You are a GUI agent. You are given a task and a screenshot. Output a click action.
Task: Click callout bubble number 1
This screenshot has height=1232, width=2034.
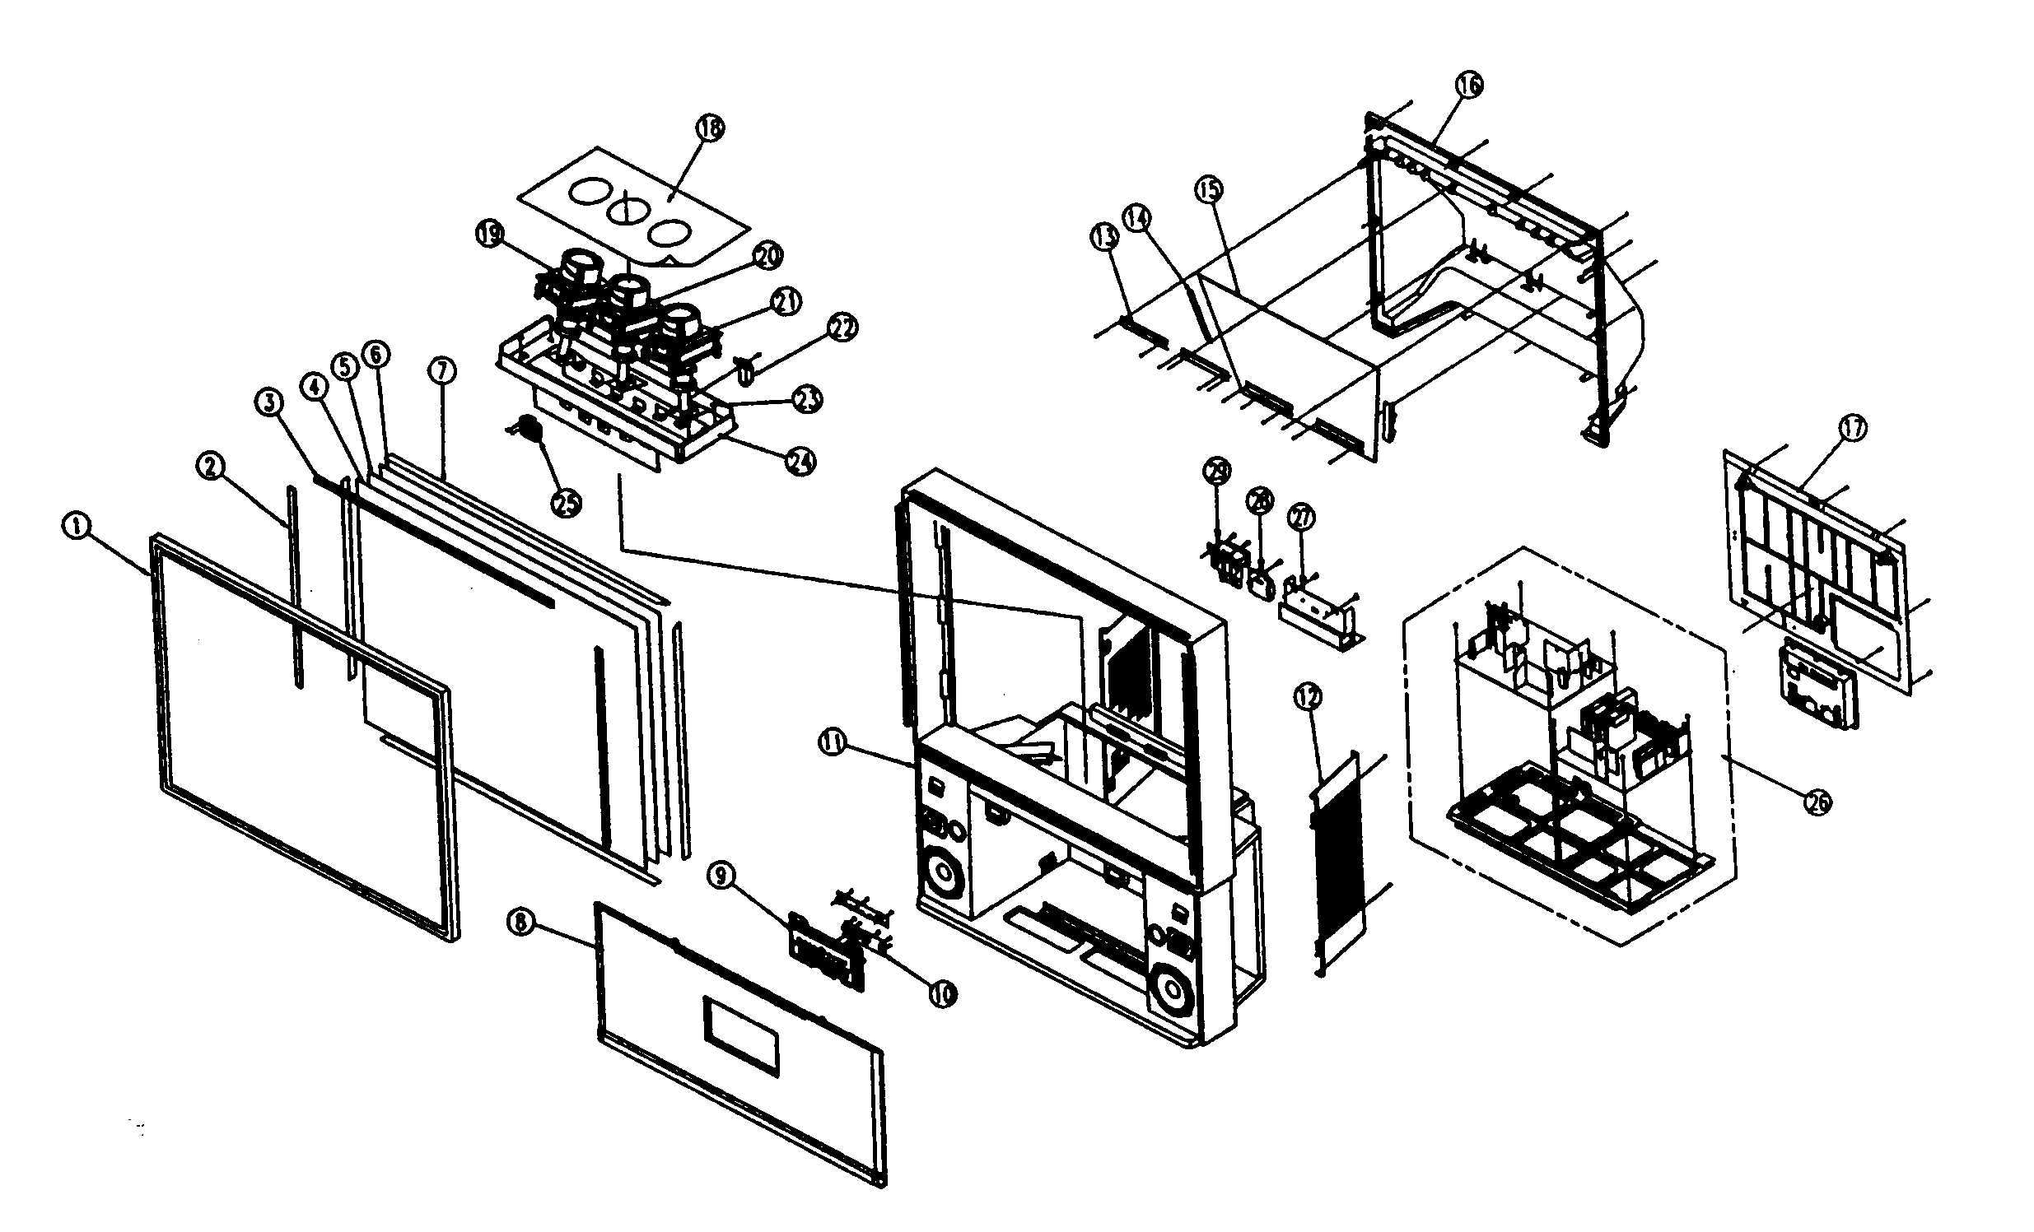click(x=76, y=526)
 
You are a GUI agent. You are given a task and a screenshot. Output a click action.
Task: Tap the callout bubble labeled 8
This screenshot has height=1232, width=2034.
click(x=521, y=922)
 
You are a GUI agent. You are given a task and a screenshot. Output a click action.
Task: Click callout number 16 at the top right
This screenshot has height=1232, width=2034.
click(x=1468, y=85)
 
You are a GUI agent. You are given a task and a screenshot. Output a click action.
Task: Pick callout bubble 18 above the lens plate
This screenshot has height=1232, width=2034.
click(x=710, y=128)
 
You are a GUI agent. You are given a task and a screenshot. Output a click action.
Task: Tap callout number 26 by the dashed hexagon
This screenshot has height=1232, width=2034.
click(x=1818, y=802)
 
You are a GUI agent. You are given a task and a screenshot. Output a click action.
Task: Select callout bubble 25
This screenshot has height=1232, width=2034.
click(x=567, y=503)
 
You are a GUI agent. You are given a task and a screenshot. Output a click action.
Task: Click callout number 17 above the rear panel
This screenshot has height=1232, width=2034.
click(x=1852, y=429)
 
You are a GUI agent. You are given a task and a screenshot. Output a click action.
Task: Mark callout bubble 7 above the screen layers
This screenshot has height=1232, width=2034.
click(x=442, y=371)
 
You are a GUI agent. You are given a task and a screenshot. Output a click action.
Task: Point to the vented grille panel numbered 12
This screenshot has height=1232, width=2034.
click(x=1337, y=867)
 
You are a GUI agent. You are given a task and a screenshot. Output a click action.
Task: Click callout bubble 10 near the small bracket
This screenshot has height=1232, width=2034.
click(x=941, y=993)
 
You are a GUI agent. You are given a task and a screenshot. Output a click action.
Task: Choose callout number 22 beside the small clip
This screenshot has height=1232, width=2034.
click(x=842, y=328)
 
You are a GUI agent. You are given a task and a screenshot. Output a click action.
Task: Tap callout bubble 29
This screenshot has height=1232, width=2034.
click(x=1217, y=472)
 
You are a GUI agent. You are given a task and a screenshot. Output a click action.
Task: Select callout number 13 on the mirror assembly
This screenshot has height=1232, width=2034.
click(x=1104, y=239)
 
